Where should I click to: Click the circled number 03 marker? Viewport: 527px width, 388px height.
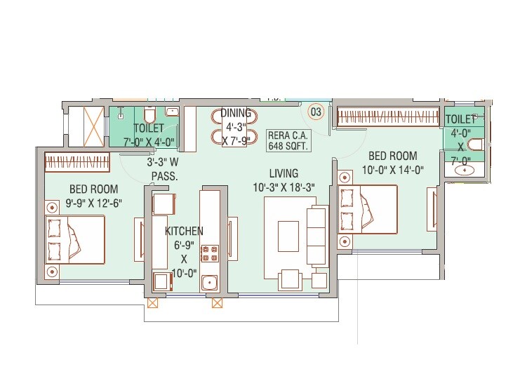click(x=316, y=111)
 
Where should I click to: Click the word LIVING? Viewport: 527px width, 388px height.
click(x=283, y=173)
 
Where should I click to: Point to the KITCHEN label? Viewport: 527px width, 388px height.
click(x=184, y=231)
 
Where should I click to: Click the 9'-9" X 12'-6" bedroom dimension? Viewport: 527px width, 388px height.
click(x=93, y=203)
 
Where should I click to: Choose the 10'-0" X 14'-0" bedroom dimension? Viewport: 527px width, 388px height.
click(x=393, y=170)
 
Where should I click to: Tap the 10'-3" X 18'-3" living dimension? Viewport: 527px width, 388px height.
click(x=283, y=187)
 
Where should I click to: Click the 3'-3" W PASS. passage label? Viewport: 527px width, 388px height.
click(x=164, y=169)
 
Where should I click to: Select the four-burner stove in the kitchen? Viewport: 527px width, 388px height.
click(x=210, y=253)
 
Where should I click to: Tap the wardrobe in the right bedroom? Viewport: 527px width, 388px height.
click(x=385, y=117)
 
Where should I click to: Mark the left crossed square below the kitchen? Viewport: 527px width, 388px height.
click(x=152, y=303)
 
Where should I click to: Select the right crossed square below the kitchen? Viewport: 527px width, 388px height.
click(x=217, y=303)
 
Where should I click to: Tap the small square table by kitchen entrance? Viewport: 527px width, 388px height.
click(x=164, y=203)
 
